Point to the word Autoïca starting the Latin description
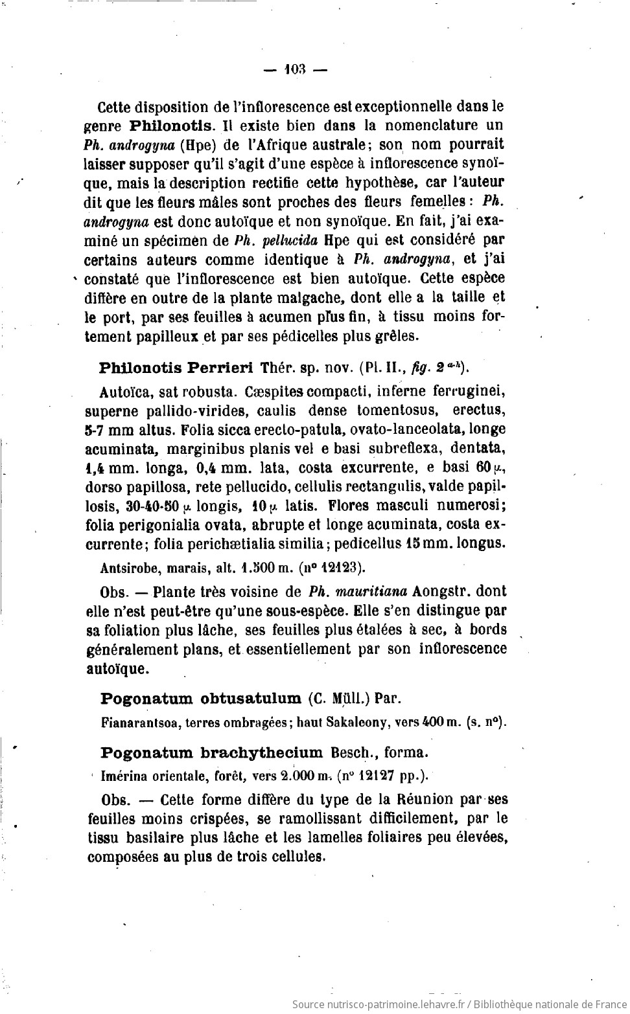(122, 392)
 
